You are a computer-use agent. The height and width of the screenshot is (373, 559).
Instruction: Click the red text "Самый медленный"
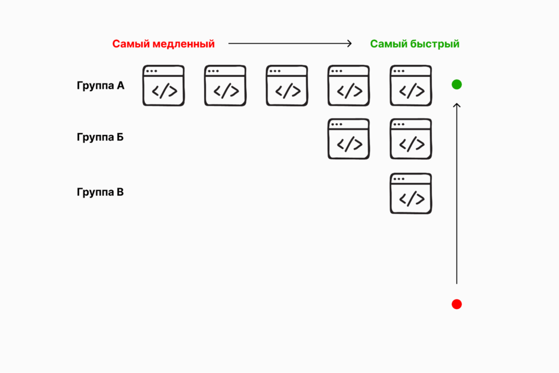point(163,44)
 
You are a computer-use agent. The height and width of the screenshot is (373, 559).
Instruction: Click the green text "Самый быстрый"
point(414,44)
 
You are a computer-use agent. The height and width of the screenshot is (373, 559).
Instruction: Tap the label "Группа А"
point(100,86)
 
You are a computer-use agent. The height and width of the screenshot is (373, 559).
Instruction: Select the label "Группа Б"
point(100,136)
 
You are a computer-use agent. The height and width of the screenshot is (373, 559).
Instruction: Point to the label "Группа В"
point(100,192)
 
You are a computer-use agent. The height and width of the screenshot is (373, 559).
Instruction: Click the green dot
point(457,85)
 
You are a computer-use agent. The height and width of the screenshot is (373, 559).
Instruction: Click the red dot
point(457,304)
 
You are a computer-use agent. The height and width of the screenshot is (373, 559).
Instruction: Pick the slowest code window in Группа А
point(163,86)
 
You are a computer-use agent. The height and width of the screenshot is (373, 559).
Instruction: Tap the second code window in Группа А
point(225,86)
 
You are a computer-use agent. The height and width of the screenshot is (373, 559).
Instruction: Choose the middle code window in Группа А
point(287,86)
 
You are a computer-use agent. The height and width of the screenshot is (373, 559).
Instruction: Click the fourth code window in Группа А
point(348,86)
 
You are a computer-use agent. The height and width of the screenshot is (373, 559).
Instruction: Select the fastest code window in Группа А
point(411,86)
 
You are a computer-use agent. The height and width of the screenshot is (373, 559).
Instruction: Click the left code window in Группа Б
point(348,139)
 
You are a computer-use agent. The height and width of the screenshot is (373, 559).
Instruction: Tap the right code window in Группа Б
point(411,139)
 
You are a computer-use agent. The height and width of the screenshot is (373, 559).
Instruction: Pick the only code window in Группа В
point(411,194)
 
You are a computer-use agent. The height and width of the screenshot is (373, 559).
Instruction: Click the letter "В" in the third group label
point(120,192)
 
